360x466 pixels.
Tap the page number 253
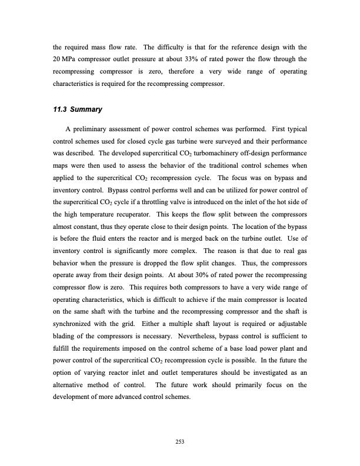coord(179,434)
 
